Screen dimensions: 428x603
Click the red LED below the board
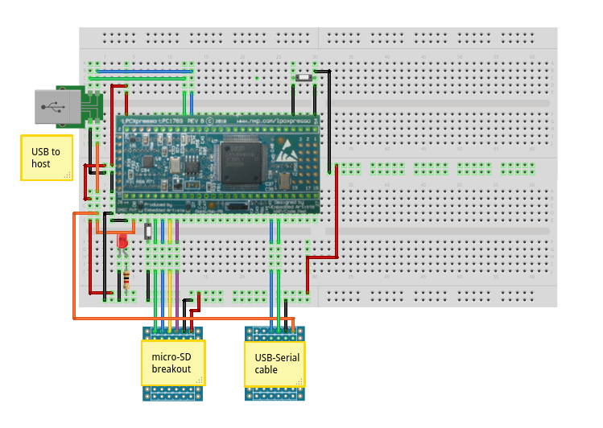tap(122, 241)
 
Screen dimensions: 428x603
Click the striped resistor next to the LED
tap(126, 280)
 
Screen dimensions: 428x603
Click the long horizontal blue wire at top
tap(145, 71)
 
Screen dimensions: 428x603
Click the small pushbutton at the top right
tap(304, 78)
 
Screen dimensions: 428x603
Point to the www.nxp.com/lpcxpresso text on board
tap(274, 120)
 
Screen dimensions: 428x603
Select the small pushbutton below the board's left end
tap(147, 231)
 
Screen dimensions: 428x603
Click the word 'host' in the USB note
tap(42, 164)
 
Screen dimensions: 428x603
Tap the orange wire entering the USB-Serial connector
tap(293, 323)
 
